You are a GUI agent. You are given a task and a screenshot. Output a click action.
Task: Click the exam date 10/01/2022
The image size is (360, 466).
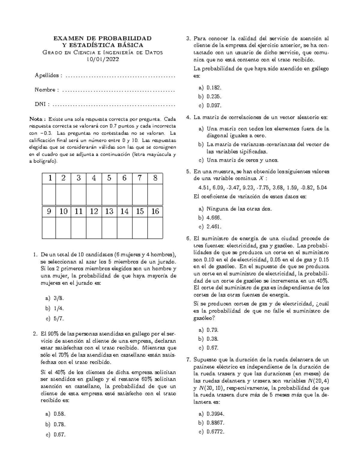(103, 59)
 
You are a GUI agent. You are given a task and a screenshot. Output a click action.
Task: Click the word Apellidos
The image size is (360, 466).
(47, 75)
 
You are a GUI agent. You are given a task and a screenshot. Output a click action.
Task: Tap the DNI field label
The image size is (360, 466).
(40, 104)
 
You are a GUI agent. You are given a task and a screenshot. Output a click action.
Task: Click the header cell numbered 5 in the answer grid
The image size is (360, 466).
(109, 178)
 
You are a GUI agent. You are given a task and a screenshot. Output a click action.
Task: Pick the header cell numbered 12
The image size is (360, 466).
(94, 212)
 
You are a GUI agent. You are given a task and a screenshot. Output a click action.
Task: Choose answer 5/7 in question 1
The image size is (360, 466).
(59, 318)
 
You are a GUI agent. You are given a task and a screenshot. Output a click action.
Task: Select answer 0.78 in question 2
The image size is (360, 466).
(59, 424)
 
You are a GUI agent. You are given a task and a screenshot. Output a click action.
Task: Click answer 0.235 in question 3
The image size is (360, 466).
(214, 97)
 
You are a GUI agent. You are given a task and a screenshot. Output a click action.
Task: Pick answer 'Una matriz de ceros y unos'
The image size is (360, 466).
(242, 160)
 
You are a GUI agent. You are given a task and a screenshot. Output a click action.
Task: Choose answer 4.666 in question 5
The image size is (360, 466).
(214, 218)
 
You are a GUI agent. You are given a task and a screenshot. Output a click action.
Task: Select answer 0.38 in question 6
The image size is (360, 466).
(212, 339)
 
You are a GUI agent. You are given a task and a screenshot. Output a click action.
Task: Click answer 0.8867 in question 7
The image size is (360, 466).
(215, 423)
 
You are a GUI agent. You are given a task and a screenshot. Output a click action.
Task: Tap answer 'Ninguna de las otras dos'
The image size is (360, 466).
(239, 209)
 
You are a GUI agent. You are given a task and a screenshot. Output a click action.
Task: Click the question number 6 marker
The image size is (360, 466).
(188, 239)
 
